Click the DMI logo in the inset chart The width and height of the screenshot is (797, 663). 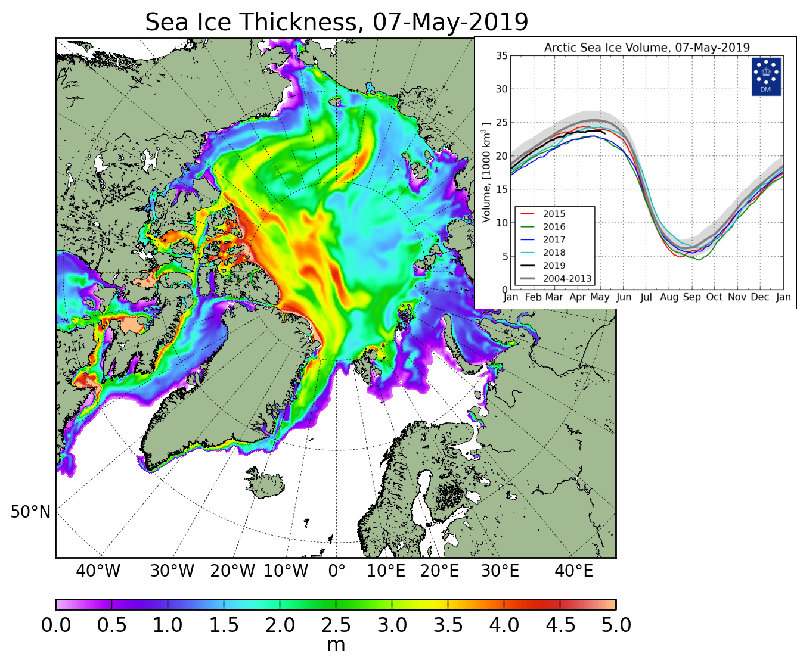coord(766,76)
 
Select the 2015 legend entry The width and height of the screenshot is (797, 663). coord(554,214)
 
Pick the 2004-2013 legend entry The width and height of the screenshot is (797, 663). coord(567,278)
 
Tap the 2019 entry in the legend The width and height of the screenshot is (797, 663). coord(554,266)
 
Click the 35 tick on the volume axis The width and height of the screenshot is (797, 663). coord(501,56)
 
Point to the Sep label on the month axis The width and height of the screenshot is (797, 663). coord(691,297)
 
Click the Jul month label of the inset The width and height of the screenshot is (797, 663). coord(646,297)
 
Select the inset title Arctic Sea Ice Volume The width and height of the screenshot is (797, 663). coord(647,48)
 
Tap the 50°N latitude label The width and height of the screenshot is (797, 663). coord(30,511)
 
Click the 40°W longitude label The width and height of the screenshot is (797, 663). coord(98,571)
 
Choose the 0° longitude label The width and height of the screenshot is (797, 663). coord(337,571)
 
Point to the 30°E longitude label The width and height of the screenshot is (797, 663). coord(500,571)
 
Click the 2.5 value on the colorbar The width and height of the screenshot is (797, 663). coord(336,625)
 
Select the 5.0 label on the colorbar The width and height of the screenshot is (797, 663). coord(616,625)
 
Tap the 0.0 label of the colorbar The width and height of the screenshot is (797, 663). coord(56,625)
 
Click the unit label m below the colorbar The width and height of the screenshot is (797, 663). coord(336,645)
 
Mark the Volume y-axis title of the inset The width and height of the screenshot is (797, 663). coord(486,173)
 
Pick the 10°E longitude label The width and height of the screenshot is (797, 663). coord(386,571)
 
